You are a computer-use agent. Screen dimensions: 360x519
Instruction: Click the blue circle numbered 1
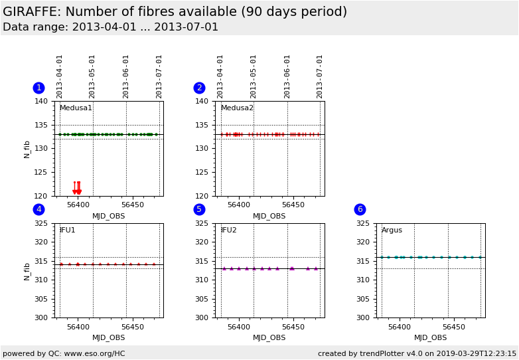[x=38, y=88]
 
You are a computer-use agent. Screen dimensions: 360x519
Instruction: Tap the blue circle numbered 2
[x=199, y=88]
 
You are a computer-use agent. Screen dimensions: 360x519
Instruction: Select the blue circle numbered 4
[x=38, y=209]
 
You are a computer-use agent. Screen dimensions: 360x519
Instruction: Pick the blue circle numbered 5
[x=199, y=209]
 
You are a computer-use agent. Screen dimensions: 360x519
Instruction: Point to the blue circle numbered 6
[x=360, y=209]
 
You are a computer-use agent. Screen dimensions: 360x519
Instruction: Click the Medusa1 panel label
[x=76, y=108]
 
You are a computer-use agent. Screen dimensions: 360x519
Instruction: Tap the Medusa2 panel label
[x=237, y=108]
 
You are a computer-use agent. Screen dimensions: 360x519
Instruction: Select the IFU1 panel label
[x=67, y=230]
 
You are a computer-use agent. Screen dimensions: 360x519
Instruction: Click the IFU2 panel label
[x=228, y=230]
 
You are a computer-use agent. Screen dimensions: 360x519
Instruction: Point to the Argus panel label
[x=392, y=230]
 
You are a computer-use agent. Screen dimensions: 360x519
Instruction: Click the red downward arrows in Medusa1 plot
[x=77, y=189]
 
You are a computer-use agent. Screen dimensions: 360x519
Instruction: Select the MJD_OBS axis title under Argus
[x=430, y=338]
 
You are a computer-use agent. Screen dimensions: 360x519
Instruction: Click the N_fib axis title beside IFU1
[x=27, y=271]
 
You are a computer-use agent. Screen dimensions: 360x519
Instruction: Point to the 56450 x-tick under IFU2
[x=293, y=327]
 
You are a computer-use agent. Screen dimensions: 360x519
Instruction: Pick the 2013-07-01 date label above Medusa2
[x=320, y=76]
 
